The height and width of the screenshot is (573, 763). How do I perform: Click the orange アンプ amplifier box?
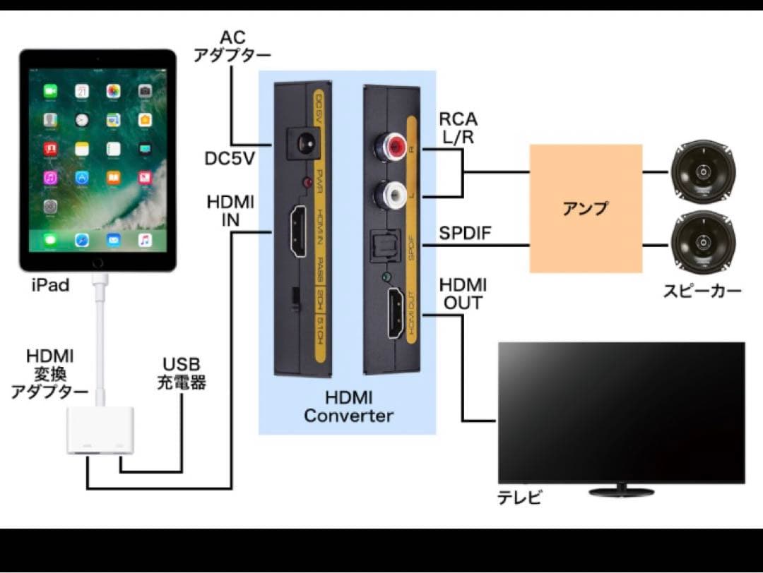[x=586, y=208]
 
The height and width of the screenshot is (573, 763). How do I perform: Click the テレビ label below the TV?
[x=520, y=497]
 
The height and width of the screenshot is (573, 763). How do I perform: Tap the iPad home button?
[x=97, y=262]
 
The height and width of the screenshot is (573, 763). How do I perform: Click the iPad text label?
[x=50, y=286]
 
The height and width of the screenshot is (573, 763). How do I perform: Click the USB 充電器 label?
[x=182, y=375]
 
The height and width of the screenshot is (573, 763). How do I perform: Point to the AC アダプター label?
[x=232, y=46]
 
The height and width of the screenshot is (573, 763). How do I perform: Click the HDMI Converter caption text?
[x=348, y=407]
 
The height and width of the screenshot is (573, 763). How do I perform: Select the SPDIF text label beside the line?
[x=465, y=233]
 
